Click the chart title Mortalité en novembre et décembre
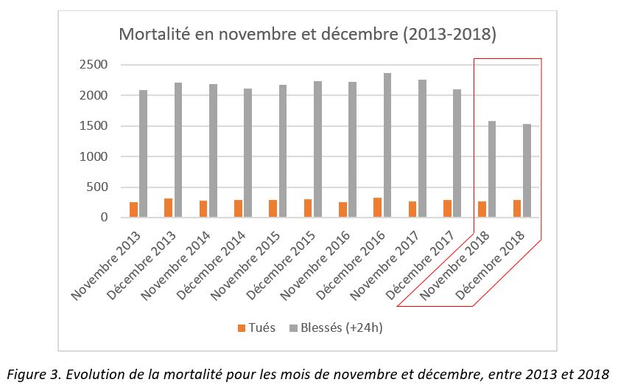pos(307,35)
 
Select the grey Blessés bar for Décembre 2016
pos(387,145)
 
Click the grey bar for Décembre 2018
pos(527,170)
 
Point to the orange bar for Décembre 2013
pos(169,208)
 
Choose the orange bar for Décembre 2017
pos(448,209)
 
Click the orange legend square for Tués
pos(242,327)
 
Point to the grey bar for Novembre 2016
pos(353,150)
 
